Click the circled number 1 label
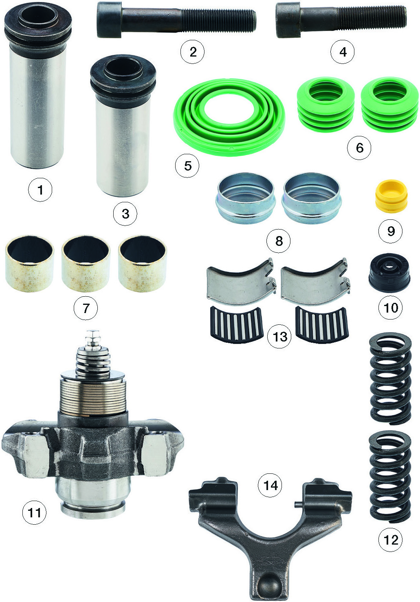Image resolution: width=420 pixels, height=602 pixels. (x=40, y=190)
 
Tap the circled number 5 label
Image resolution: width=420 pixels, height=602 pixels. (x=187, y=165)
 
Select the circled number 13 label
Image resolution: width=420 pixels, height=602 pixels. (x=279, y=336)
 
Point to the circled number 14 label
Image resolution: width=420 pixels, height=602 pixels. (x=270, y=485)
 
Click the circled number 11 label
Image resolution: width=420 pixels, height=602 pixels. (x=34, y=512)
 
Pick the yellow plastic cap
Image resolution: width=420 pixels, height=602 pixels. (x=391, y=196)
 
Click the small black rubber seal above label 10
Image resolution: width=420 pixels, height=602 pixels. (x=389, y=273)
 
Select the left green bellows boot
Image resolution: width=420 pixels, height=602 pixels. (x=325, y=105)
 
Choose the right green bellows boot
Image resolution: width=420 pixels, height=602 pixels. (x=389, y=105)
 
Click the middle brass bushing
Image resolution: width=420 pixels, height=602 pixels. (x=86, y=263)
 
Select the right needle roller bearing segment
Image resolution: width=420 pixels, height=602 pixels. (x=322, y=325)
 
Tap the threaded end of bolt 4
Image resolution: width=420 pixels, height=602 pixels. (x=372, y=17)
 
